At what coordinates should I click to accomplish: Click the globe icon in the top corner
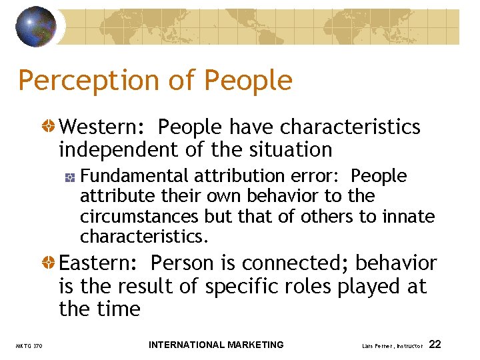point(36,26)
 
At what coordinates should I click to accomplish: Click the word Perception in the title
point(87,81)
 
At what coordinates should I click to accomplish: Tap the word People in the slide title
point(248,81)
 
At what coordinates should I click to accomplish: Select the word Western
point(103,127)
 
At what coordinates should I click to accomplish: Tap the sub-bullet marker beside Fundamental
point(70,177)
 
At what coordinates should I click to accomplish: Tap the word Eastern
point(100,263)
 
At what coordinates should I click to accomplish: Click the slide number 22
point(435,345)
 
